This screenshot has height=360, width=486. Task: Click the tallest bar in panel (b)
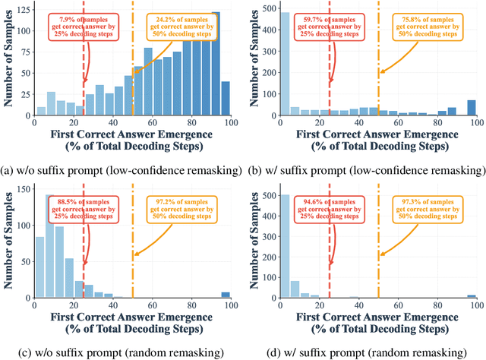coord(286,63)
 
